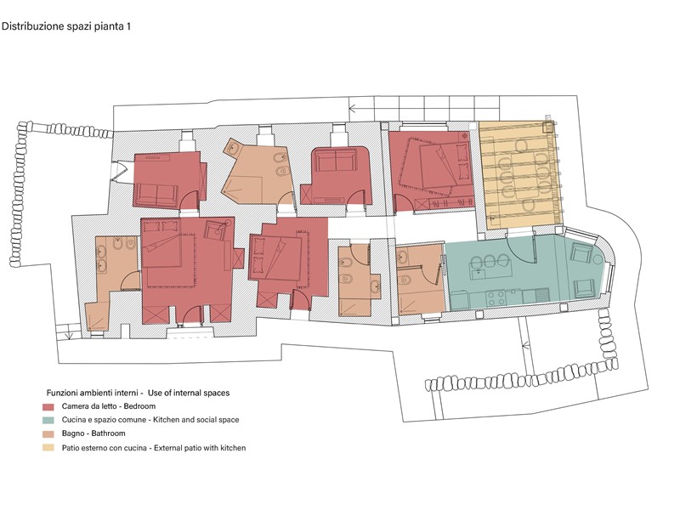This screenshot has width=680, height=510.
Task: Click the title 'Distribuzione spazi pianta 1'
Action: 66,26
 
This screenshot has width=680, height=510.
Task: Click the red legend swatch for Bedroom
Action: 48,407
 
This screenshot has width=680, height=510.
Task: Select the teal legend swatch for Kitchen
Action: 48,420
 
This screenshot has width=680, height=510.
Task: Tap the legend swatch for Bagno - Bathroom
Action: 48,434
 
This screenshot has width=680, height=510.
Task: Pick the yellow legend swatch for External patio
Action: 48,448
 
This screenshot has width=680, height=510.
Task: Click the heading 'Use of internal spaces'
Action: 189,393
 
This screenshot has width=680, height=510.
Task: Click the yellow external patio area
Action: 519,174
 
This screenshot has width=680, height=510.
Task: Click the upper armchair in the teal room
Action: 581,252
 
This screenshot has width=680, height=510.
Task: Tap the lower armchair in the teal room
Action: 584,288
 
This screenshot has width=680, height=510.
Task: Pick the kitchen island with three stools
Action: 490,269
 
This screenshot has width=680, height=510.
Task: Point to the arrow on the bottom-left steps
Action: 68,335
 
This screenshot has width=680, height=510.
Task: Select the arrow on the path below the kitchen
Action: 526,346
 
